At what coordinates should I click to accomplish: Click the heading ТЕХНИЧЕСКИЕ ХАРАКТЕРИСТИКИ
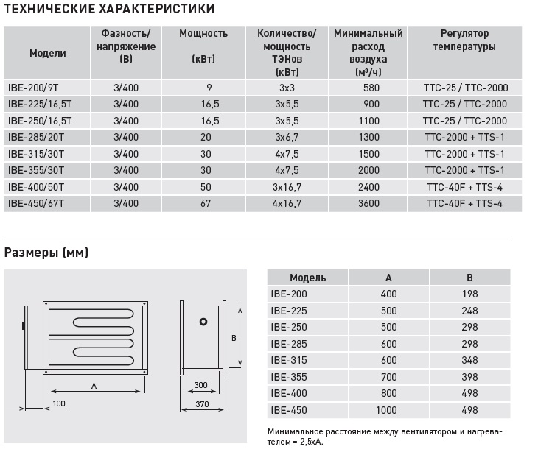click(x=110, y=10)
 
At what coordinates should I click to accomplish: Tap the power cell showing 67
click(x=205, y=204)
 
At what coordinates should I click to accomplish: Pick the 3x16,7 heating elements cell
click(x=287, y=187)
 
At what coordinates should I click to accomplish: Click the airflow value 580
click(x=371, y=87)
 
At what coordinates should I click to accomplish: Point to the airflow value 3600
click(x=371, y=204)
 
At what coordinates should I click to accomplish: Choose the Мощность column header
click(x=203, y=34)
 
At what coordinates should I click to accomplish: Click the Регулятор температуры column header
click(x=464, y=40)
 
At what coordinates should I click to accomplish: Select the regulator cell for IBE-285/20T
click(x=464, y=137)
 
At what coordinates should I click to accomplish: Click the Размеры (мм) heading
click(x=46, y=253)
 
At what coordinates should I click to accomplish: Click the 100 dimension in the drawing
click(x=60, y=403)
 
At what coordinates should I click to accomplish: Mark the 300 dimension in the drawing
click(x=200, y=385)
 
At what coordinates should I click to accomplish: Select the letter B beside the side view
click(x=233, y=338)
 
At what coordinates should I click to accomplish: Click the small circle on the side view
click(x=203, y=322)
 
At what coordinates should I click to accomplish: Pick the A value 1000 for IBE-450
click(x=388, y=410)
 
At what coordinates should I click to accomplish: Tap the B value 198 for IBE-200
click(x=469, y=294)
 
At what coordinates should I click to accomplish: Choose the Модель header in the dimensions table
click(x=307, y=278)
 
